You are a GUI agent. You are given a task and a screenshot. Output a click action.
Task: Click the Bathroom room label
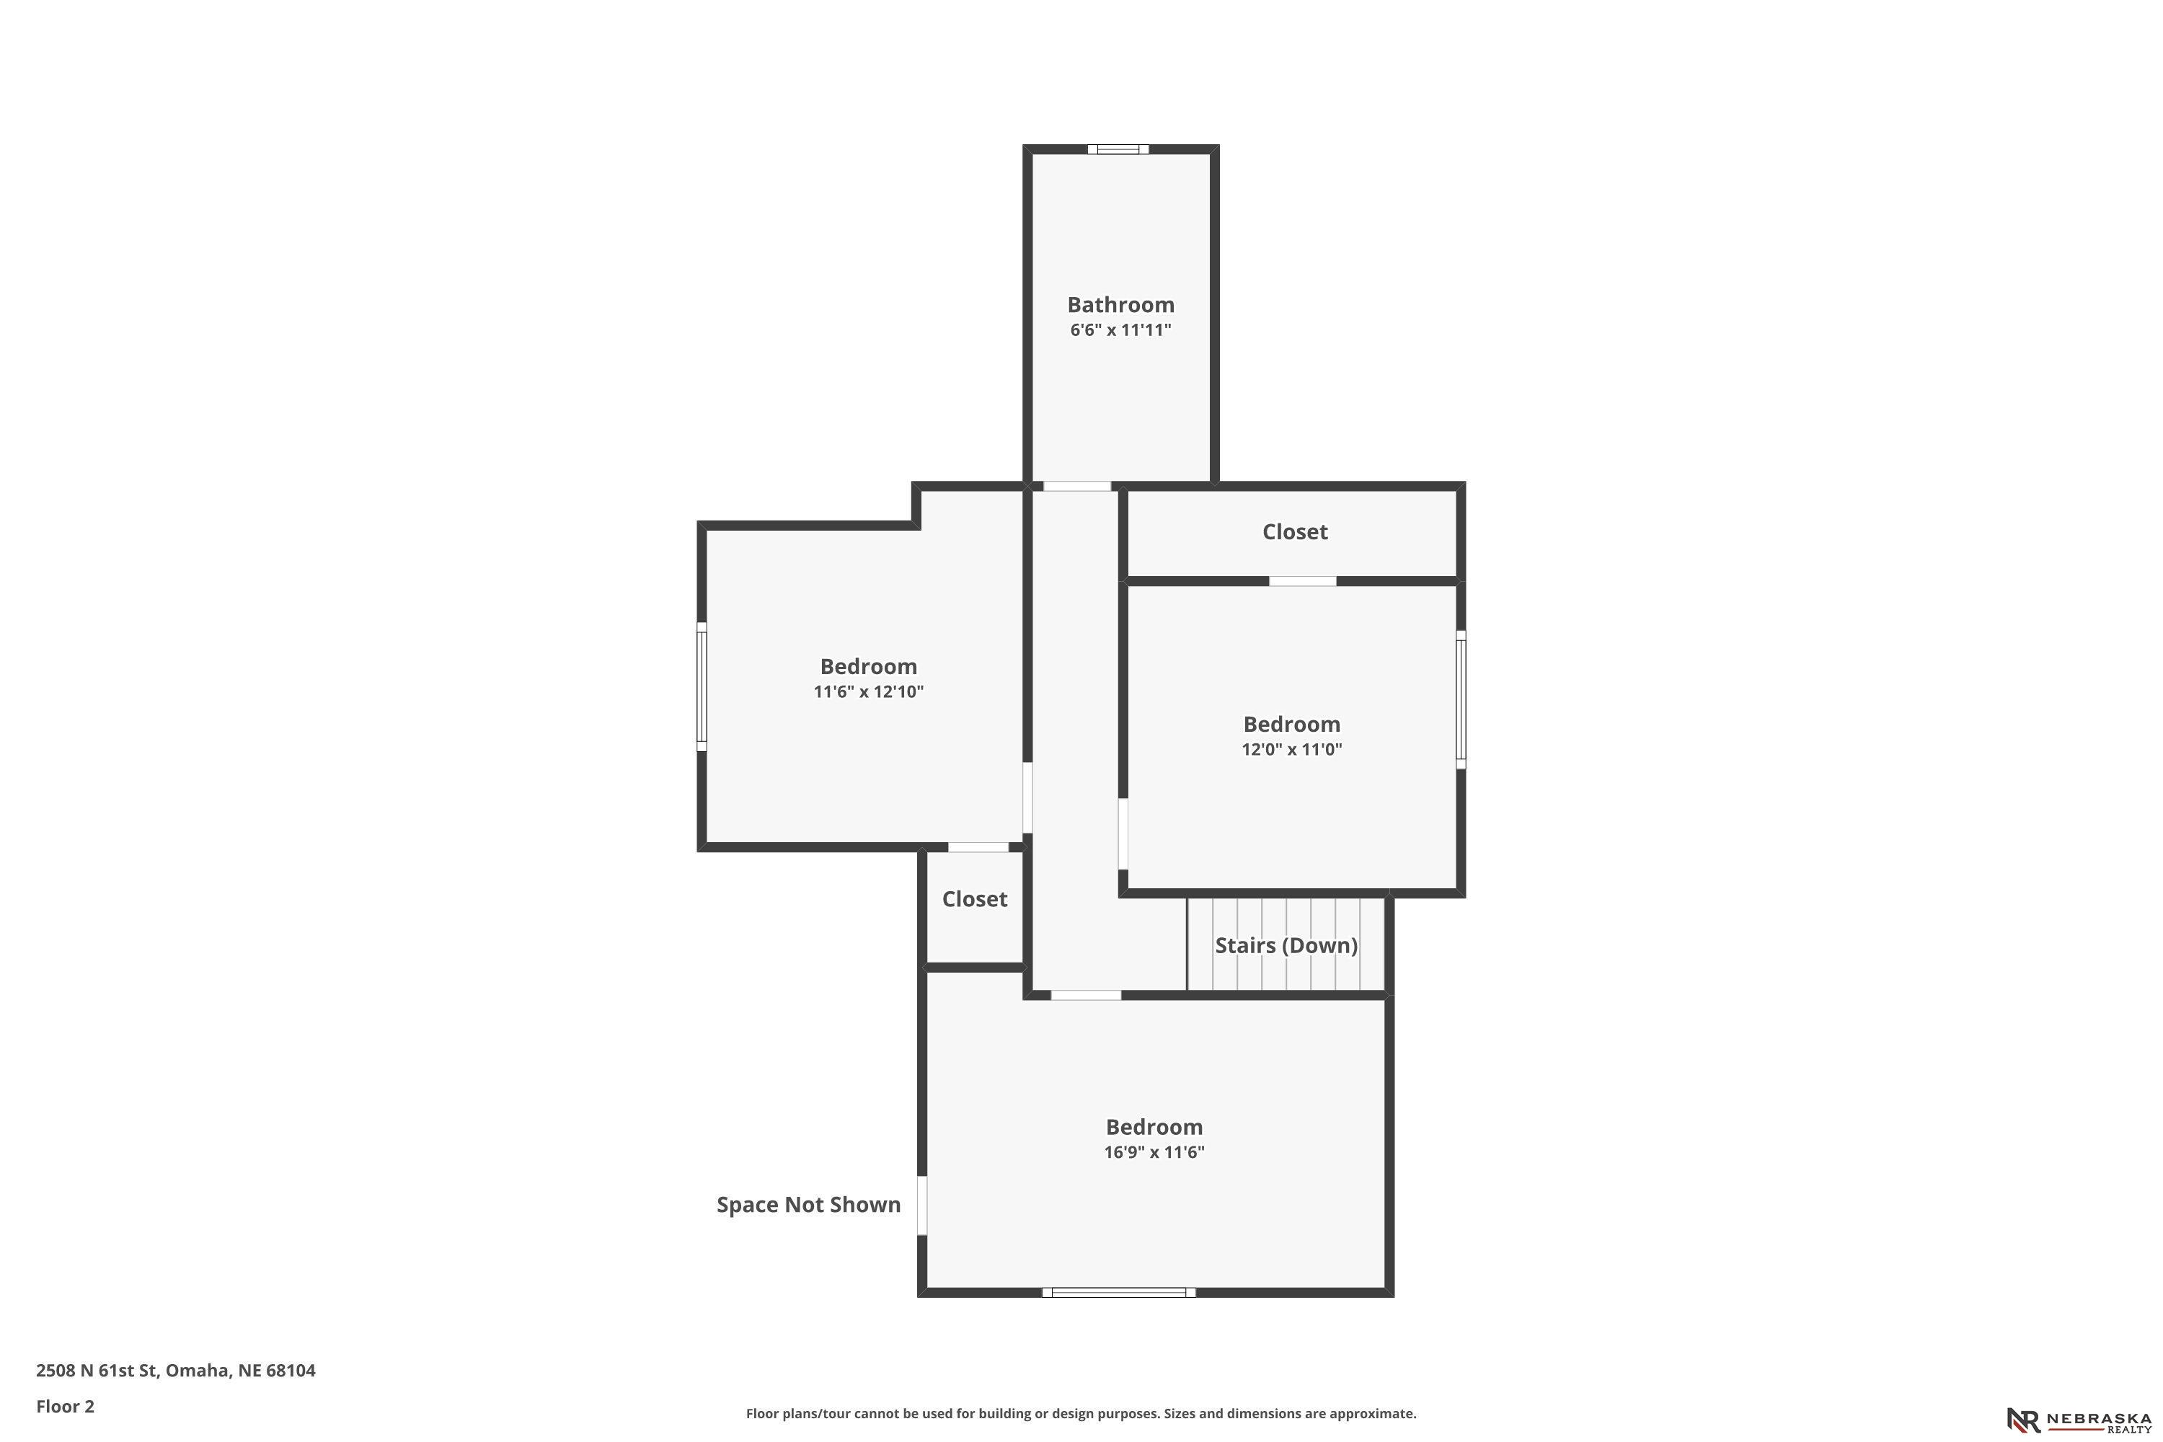click(x=1120, y=304)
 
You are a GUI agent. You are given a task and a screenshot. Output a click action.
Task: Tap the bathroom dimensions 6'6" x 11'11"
click(x=1120, y=330)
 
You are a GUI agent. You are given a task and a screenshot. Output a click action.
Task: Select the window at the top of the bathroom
click(x=1118, y=149)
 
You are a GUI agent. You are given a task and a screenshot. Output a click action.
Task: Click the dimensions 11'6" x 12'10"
click(x=868, y=691)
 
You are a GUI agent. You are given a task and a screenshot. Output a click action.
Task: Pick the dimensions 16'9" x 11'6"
click(x=1154, y=1152)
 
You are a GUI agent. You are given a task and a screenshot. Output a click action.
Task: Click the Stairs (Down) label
click(x=1286, y=945)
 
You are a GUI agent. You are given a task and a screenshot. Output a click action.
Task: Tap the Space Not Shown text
click(x=808, y=1205)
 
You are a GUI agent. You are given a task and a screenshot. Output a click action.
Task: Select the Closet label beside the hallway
click(x=974, y=898)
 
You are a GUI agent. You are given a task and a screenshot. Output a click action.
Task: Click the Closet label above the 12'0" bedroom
click(x=1294, y=531)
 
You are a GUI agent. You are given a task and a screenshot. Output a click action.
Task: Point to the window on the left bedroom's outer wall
click(x=702, y=687)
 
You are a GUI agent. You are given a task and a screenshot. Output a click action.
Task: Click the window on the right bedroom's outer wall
click(x=1461, y=700)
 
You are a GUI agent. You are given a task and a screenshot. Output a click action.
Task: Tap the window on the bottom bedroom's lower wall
click(x=1118, y=1292)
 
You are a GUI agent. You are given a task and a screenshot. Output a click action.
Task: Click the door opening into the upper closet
click(x=1302, y=581)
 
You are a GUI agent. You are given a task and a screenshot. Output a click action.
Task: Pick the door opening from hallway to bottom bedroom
click(x=1085, y=995)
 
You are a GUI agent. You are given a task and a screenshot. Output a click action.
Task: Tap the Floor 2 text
click(x=66, y=1406)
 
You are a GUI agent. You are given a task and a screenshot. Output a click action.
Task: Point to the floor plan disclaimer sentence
click(x=1081, y=1413)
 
